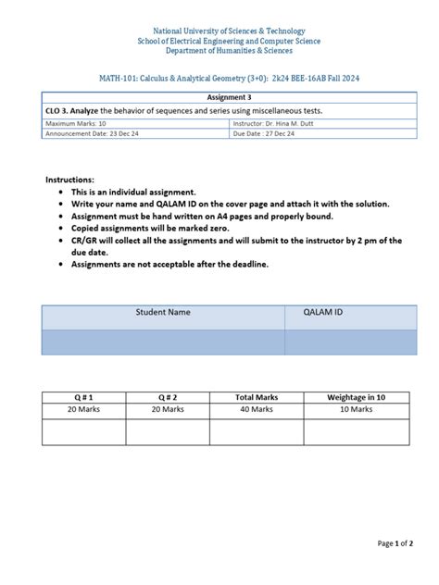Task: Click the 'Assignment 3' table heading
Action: (227, 96)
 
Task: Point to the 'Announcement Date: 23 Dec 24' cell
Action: (92, 133)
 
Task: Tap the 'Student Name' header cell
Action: (163, 313)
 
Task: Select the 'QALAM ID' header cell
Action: (323, 313)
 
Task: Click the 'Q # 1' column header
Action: (83, 396)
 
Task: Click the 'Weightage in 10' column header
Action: (356, 396)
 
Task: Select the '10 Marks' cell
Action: (356, 408)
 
